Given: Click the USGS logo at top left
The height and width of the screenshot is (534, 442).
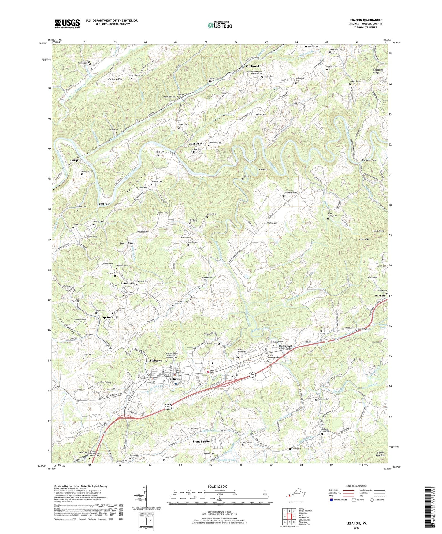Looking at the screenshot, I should [67, 23].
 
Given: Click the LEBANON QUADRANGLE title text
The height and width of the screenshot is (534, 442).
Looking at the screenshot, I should [365, 20].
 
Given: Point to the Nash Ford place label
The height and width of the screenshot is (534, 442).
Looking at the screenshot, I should [196, 144].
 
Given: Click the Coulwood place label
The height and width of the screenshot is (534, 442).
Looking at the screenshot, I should [252, 66].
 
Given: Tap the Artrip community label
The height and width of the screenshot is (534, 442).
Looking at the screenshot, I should [74, 161].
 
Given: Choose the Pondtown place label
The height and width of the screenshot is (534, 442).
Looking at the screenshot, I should [127, 284].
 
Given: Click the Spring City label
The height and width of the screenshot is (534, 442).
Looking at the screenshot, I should [110, 317].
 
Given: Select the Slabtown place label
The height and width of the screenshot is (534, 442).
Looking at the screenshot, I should [156, 361].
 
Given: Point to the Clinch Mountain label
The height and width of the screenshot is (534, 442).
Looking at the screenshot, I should [380, 454].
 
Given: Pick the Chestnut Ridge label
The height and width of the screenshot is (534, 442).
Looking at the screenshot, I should [376, 71].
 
